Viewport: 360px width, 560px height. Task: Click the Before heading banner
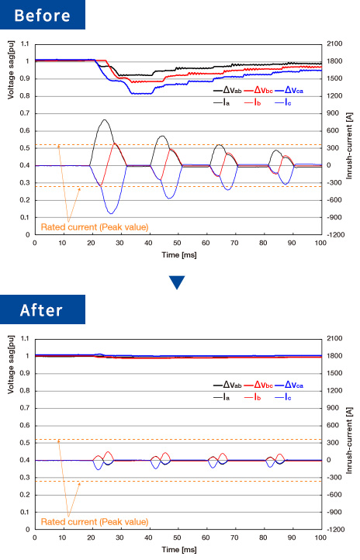click(x=43, y=15)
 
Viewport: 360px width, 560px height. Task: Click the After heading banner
click(x=43, y=309)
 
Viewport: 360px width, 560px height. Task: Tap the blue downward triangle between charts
click(x=177, y=282)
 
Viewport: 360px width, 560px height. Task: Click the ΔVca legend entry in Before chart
click(x=289, y=90)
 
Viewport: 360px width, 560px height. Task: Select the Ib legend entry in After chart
click(x=252, y=397)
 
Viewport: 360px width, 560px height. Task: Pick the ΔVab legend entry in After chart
click(x=227, y=385)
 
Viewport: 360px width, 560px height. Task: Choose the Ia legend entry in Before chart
click(x=222, y=102)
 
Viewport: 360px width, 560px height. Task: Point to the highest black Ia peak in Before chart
click(x=104, y=119)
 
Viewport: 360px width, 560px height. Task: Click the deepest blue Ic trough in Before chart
click(x=112, y=213)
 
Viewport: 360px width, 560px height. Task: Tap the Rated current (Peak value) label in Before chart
click(x=95, y=227)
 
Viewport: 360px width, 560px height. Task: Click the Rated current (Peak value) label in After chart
click(x=95, y=522)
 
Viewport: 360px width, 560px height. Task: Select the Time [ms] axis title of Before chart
click(x=179, y=255)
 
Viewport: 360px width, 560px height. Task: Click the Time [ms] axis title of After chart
click(x=179, y=550)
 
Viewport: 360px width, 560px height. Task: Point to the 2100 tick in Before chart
click(x=334, y=43)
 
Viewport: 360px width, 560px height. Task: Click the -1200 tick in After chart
click(x=334, y=529)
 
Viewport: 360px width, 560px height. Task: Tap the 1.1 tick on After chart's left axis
click(x=25, y=338)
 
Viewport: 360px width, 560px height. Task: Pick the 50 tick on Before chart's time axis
click(x=177, y=243)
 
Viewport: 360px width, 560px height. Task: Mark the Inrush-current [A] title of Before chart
click(x=349, y=146)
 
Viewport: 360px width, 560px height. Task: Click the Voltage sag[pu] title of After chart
click(x=11, y=365)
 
